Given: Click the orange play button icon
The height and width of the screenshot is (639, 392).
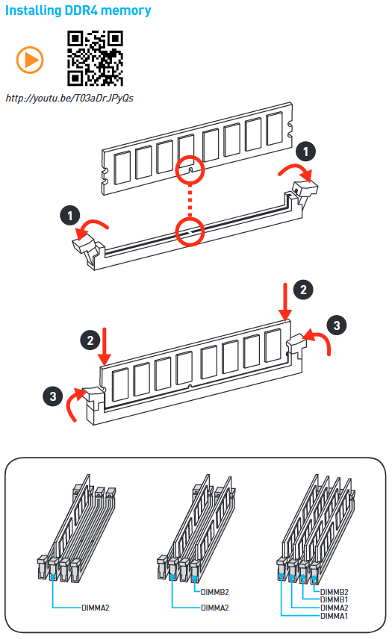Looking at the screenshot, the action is (30, 60).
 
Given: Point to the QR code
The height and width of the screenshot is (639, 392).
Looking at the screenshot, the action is (95, 58).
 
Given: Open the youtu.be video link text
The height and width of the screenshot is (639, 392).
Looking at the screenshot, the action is (69, 99).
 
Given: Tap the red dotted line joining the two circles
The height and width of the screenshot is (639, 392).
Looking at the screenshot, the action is (190, 201).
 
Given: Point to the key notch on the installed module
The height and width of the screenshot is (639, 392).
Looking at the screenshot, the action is (190, 385).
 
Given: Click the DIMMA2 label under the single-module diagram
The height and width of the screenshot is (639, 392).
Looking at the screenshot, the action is (96, 608).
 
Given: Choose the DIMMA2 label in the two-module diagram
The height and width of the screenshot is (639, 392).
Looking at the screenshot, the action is (215, 608).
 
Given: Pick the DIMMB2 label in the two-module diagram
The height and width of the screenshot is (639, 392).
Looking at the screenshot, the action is (215, 592).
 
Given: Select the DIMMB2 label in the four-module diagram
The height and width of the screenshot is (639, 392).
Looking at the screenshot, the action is (335, 592).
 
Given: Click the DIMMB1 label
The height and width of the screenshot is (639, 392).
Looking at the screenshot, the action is (335, 599).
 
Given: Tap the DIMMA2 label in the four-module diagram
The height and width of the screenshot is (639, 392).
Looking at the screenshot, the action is (335, 608).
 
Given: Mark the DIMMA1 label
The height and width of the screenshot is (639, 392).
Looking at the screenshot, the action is (335, 616).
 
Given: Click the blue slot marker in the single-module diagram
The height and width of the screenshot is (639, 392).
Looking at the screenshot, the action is (52, 576).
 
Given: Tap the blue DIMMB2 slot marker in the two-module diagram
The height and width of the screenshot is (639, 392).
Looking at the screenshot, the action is (194, 579).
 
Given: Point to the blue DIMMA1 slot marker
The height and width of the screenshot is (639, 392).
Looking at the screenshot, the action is (281, 576).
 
